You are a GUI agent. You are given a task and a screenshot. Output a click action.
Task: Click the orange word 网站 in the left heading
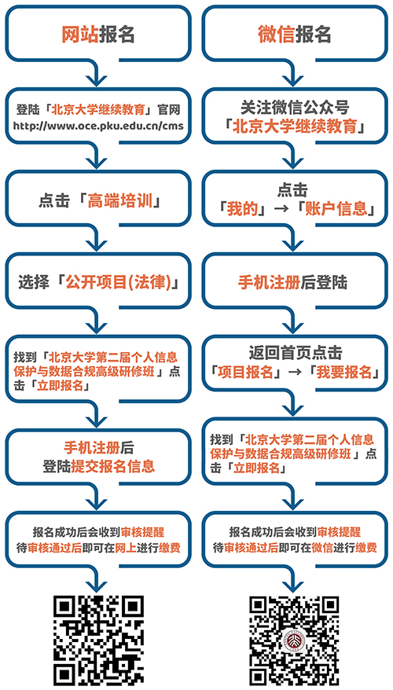(x=79, y=34)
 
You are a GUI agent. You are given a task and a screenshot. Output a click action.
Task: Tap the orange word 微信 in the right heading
(x=276, y=34)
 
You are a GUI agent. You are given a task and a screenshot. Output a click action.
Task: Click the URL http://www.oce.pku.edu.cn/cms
(x=98, y=126)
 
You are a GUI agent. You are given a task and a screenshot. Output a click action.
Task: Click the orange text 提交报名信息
(x=112, y=466)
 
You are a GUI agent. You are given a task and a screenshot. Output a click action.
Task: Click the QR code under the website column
(x=98, y=640)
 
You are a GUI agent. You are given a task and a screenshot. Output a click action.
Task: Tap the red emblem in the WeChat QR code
(x=295, y=640)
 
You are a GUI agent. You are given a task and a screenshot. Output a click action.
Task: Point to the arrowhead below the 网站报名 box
(x=96, y=79)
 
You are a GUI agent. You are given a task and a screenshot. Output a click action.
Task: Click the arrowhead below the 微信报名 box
(x=292, y=79)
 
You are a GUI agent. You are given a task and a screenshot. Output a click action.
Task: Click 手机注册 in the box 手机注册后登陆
(x=270, y=282)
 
